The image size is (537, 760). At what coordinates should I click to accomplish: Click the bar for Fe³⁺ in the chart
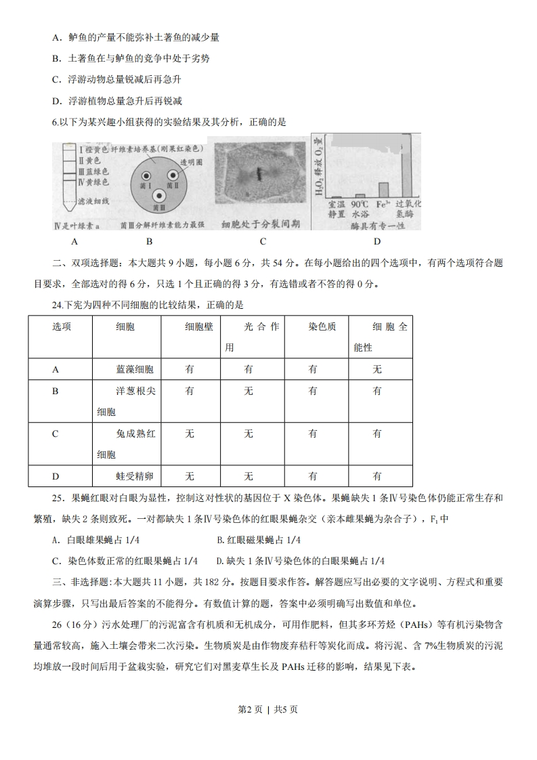[x=383, y=189]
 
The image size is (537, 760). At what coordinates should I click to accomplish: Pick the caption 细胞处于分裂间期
[x=260, y=224]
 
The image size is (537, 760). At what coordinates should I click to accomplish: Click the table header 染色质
[x=322, y=326]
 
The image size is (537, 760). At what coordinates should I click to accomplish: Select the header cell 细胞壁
[x=198, y=326]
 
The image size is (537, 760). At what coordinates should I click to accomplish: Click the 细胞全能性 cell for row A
[x=377, y=369]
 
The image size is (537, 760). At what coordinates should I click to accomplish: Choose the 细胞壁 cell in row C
[x=190, y=434]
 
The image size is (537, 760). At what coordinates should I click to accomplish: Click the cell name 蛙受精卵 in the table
[x=135, y=476]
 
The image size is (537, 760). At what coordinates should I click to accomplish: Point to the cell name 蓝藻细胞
[x=135, y=369]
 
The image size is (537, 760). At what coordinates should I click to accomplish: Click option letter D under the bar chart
[x=377, y=241]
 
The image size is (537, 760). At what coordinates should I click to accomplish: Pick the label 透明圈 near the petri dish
[x=192, y=162]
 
